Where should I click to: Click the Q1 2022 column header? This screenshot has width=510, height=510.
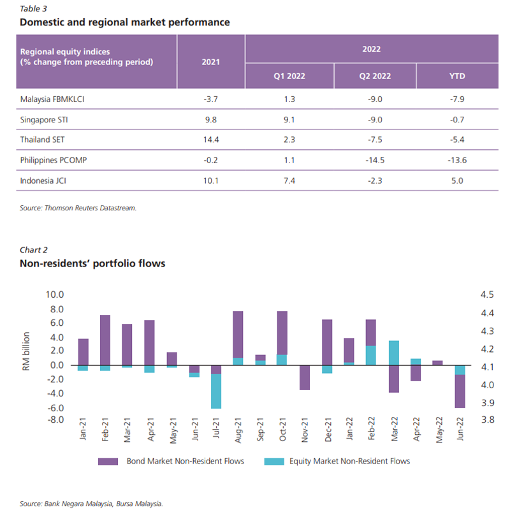pyautogui.click(x=289, y=75)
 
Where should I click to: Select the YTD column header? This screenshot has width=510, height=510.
pyautogui.click(x=457, y=75)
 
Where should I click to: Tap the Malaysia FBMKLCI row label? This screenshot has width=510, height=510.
pyautogui.click(x=53, y=99)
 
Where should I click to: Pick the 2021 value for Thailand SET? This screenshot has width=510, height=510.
pyautogui.click(x=211, y=140)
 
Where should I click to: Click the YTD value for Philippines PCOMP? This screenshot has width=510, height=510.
pyautogui.click(x=457, y=160)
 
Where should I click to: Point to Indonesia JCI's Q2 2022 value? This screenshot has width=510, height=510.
pyautogui.click(x=375, y=180)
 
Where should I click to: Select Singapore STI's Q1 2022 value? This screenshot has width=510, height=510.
pyautogui.click(x=289, y=119)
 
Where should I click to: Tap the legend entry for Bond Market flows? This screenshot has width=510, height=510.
pyautogui.click(x=171, y=461)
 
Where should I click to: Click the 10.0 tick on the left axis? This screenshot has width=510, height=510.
pyautogui.click(x=54, y=295)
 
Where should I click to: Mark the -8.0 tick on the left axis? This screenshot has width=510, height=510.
pyautogui.click(x=54, y=419)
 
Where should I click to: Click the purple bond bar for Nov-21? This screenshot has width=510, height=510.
pyautogui.click(x=304, y=377)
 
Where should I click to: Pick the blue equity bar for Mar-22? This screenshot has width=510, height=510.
pyautogui.click(x=393, y=353)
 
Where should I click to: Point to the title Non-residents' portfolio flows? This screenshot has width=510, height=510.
pyautogui.click(x=92, y=263)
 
